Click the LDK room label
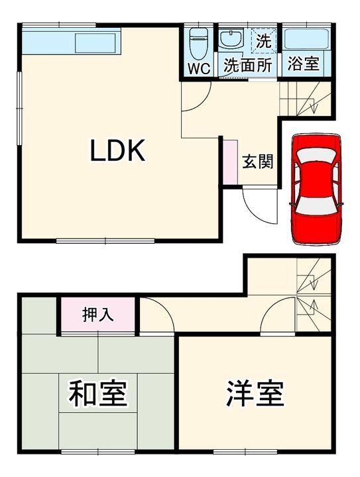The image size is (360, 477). click(117, 152)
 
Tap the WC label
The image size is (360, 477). click(198, 66)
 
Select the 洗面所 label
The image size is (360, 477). click(247, 66)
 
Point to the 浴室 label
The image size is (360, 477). click(304, 65)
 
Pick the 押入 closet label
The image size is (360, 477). click(97, 314)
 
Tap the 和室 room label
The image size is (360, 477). click(98, 393)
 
